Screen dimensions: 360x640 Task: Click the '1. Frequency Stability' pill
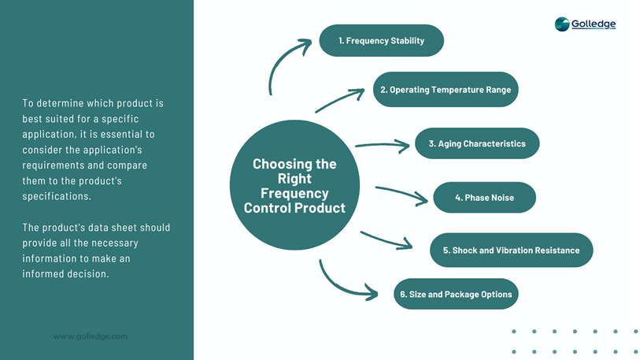381,41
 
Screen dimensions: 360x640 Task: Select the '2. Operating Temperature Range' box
445,90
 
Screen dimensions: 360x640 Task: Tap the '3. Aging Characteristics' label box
477,144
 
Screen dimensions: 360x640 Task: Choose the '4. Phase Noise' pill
484,198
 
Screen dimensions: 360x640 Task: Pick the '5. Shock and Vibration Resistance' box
510,251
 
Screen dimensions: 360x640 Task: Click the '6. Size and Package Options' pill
456,295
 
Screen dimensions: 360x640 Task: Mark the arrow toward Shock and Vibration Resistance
386,239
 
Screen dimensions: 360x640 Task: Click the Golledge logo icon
562,24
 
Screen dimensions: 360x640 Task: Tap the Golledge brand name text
594,24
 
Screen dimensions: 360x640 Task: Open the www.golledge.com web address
90,336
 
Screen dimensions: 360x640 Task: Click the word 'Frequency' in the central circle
294,193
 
